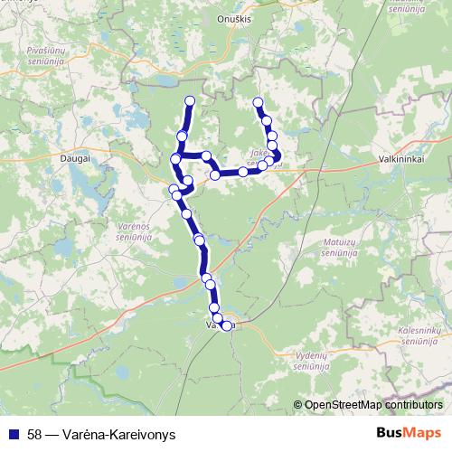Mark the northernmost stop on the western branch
pos(190,100)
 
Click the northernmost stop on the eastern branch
pos(259,102)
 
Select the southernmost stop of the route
pos(226,326)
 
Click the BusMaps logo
pos(410,433)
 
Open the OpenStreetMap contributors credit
pos(373,405)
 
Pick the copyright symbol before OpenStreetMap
pos(298,405)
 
